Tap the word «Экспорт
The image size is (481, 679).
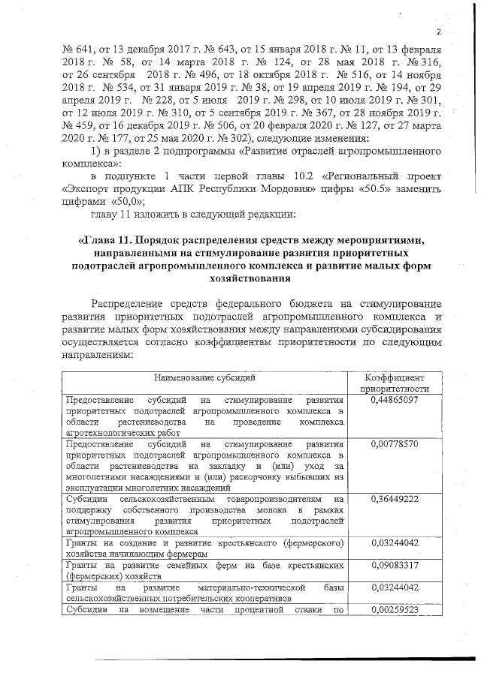86,187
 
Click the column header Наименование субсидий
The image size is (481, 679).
205,377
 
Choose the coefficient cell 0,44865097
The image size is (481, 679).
395,401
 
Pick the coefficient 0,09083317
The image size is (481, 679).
395,565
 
